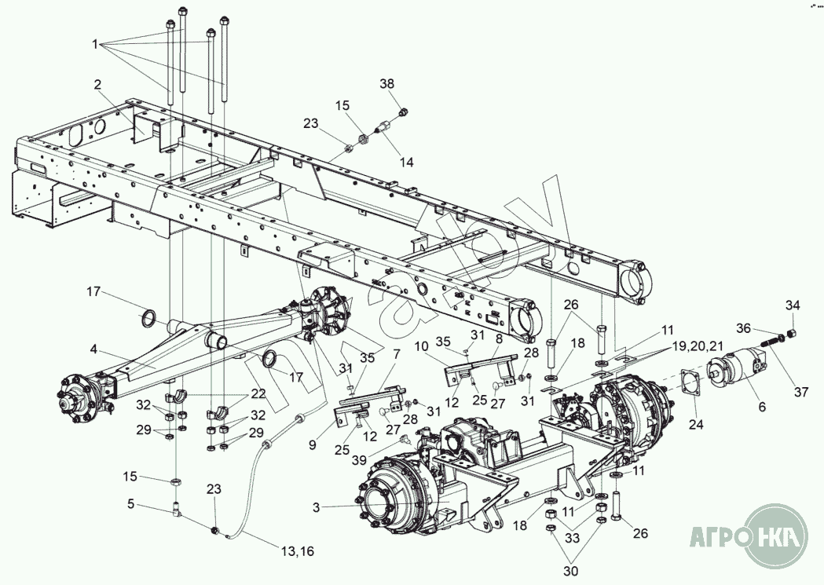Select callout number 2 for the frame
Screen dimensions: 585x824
pos(97,84)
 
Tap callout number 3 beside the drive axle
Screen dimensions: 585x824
pos(316,508)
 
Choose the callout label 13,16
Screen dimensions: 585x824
pos(298,552)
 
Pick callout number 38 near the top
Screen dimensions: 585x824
pos(387,84)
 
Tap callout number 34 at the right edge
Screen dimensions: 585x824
pos(793,305)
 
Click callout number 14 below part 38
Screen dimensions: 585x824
pos(406,163)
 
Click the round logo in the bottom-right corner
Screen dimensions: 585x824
pos(776,537)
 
